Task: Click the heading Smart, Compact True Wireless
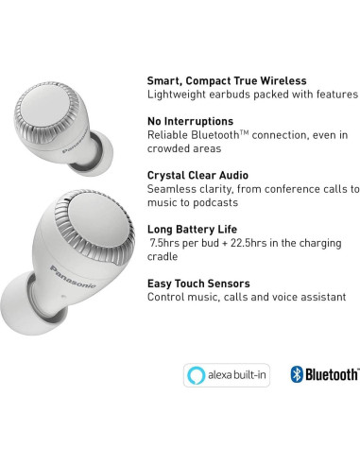click(233, 79)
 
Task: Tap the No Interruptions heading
click(190, 122)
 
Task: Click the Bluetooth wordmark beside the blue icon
click(332, 375)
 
